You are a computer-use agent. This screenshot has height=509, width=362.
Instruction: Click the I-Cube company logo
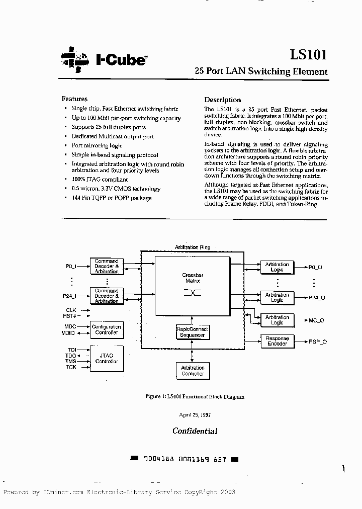coord(104,59)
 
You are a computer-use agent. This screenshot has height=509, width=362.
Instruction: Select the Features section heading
coord(74,99)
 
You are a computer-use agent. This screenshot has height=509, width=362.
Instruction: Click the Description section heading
coord(222,100)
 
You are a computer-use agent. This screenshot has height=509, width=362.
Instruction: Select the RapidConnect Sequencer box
coord(192,331)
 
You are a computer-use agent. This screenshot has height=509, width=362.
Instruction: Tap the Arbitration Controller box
coord(193,371)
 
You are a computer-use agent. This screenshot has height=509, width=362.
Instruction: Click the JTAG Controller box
coord(107,358)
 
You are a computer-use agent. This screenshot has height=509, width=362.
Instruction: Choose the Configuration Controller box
coord(107,329)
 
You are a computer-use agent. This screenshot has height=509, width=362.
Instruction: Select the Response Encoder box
coord(277,342)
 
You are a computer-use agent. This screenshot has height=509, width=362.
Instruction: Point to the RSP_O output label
coord(318,342)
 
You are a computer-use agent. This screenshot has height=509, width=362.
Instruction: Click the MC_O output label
coord(316,320)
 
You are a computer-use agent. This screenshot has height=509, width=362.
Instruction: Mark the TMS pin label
coord(70,361)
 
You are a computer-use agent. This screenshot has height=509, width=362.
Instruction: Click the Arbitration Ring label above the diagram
coord(192,247)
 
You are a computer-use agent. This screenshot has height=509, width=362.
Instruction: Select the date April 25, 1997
coord(195,415)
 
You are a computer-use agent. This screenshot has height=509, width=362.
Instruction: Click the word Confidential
coord(195,431)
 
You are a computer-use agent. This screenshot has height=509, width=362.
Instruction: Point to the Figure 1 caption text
coord(195,397)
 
